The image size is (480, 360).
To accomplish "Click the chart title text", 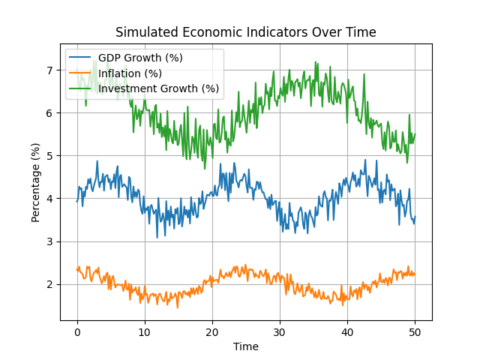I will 245,32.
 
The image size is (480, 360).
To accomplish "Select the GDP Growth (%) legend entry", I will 140,58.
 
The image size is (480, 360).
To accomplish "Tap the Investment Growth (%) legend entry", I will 159,88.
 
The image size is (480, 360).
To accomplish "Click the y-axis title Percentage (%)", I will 36,182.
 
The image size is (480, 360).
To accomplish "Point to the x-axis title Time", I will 245,346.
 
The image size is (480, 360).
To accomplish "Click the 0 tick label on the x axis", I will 77,332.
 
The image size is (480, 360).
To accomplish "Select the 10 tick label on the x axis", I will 145,332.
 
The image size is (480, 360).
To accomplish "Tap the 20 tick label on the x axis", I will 212,332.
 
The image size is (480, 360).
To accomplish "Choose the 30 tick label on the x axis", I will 280,332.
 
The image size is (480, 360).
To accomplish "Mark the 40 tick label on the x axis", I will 347,332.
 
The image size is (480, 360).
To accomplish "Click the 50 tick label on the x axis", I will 414,332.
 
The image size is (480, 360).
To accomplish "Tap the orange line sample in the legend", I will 81,73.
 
